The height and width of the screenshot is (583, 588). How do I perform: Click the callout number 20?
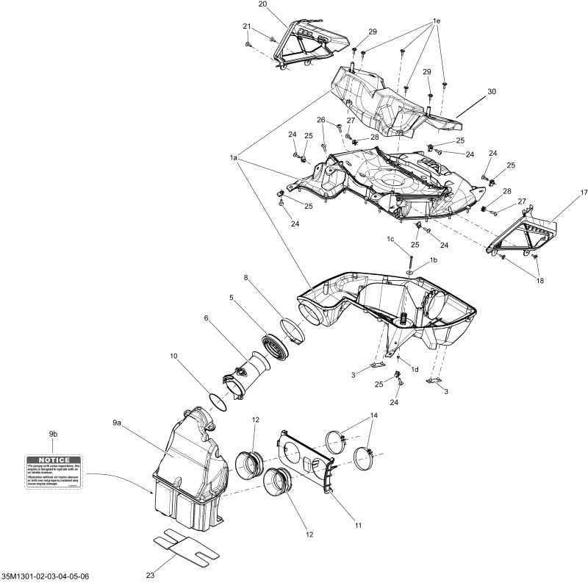[262, 4]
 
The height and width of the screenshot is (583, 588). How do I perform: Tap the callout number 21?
[247, 26]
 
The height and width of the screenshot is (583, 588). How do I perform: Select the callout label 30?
[492, 92]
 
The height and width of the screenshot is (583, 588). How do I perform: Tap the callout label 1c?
[392, 240]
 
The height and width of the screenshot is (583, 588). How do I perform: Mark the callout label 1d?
[415, 369]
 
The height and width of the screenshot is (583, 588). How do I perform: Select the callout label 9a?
[117, 423]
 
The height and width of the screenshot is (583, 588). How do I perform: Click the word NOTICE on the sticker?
[53, 459]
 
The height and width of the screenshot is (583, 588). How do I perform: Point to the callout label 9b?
[53, 435]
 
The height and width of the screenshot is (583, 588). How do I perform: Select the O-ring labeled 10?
[218, 401]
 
